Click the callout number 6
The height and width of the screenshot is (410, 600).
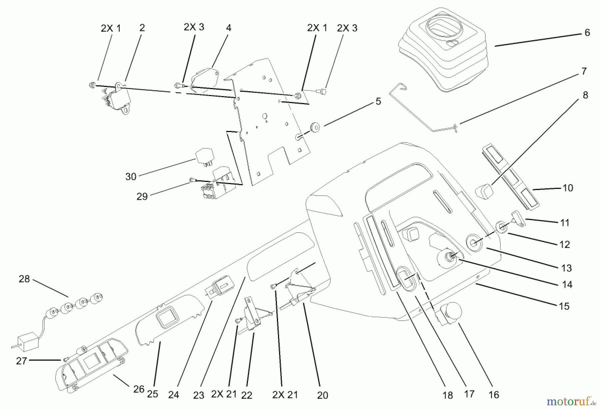(x=587, y=33)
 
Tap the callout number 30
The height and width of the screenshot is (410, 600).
(x=131, y=177)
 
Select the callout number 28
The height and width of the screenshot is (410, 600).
(x=24, y=279)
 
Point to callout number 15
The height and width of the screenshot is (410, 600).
(x=564, y=306)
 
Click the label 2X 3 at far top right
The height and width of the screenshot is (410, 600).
(x=347, y=28)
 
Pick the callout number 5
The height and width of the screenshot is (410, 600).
(x=378, y=101)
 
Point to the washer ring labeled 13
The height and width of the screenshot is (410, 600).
(x=474, y=243)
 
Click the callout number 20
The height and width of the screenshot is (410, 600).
(x=322, y=395)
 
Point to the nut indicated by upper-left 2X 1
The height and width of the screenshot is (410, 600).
(x=92, y=85)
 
